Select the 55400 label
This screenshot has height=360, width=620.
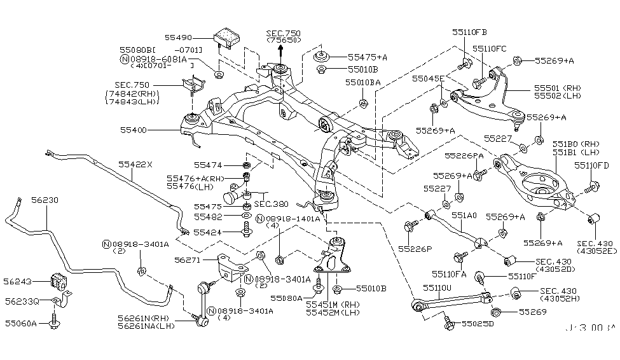pyautogui.click(x=134, y=130)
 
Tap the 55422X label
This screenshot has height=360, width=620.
pyautogui.click(x=135, y=164)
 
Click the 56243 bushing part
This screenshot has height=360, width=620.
pyautogui.click(x=60, y=280)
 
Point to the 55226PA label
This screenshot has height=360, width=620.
pyautogui.click(x=464, y=155)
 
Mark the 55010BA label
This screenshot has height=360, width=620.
pyautogui.click(x=363, y=83)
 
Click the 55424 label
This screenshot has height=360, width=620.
pyautogui.click(x=207, y=232)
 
